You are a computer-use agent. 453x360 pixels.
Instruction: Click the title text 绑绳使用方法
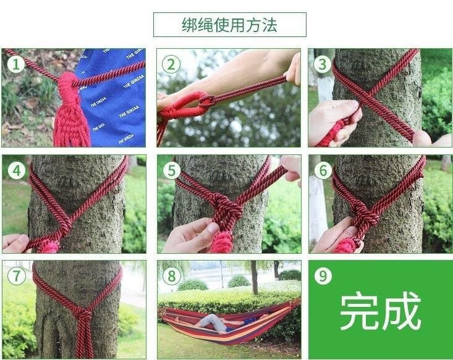[x=230, y=25]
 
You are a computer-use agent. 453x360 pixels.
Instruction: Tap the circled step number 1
[x=15, y=64]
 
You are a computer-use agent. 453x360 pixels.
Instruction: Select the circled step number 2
[x=171, y=64]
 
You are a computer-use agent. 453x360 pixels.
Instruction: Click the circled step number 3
[x=323, y=64]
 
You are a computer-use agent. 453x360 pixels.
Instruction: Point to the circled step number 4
[x=17, y=170]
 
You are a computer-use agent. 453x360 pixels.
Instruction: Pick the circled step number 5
[x=172, y=170]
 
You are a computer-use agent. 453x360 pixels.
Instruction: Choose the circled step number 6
[x=323, y=170]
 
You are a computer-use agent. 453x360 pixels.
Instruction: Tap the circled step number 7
[x=16, y=276]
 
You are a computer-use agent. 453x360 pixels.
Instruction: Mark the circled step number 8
[x=172, y=276]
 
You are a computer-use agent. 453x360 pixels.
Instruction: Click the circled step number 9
[x=323, y=276]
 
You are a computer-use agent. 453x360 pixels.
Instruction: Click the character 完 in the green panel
[x=359, y=311]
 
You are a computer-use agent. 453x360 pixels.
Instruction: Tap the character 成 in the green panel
[x=402, y=311]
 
